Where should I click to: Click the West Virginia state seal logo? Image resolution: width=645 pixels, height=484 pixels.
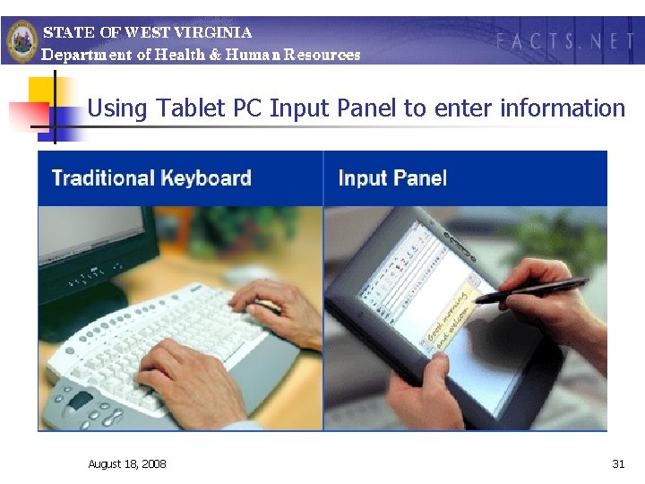click(x=21, y=39)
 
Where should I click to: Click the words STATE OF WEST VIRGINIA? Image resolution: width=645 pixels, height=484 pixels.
click(x=148, y=32)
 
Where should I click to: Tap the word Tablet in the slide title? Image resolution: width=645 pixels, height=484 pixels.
click(x=193, y=108)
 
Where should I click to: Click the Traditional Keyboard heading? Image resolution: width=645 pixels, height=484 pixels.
click(x=151, y=177)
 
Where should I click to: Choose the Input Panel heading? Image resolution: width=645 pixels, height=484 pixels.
click(x=392, y=177)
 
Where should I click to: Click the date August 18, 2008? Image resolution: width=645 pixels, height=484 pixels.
click(x=126, y=463)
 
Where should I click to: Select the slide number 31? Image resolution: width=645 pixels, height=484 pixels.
click(x=618, y=463)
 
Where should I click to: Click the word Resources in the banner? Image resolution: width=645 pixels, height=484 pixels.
click(x=320, y=55)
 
